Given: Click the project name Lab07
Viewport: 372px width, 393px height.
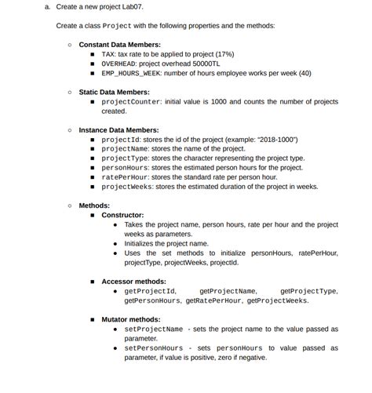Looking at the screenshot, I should [x=133, y=6].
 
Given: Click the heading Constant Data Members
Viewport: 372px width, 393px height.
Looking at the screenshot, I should [x=120, y=45].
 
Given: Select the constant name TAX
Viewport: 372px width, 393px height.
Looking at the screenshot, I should [x=108, y=54].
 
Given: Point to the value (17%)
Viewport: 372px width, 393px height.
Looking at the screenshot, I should [x=224, y=54].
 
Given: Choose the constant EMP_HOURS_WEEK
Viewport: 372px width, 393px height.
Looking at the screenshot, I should [x=130, y=73].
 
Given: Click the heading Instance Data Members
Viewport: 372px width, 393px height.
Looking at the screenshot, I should [x=119, y=130].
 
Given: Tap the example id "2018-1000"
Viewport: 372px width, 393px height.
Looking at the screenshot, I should [x=273, y=140].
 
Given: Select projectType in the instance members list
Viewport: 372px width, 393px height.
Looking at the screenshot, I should [x=125, y=158].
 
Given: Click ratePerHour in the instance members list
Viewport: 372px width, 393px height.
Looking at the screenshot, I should [x=125, y=177].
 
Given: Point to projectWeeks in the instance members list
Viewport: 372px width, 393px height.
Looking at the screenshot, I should [x=127, y=187].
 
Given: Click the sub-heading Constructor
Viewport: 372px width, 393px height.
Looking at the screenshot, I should [x=122, y=215].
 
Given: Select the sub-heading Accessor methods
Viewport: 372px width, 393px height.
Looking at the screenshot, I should [x=133, y=281].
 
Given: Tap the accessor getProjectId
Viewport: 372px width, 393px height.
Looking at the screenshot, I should [x=150, y=291].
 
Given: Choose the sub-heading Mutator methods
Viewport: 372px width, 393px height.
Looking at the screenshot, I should [x=131, y=319].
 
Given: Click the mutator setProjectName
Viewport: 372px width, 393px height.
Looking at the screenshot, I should [x=154, y=329].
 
